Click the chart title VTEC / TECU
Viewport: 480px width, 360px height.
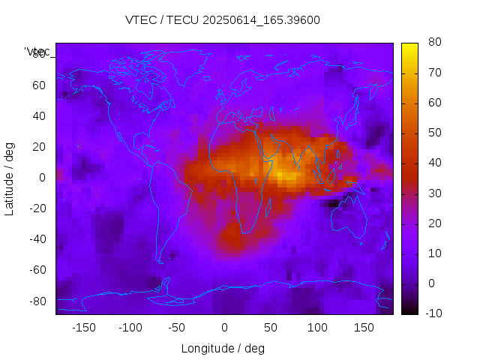tap(223, 20)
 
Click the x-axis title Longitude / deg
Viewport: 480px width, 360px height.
tap(223, 348)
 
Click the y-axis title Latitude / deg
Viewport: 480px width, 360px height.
tap(10, 178)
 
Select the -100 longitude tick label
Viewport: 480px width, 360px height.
tap(130, 327)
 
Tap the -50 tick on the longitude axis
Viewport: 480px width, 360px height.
tap(177, 327)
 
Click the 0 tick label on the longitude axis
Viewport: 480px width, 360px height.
tap(224, 327)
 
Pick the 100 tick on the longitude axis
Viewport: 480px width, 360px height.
tap(317, 327)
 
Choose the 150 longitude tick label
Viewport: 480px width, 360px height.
tap(364, 327)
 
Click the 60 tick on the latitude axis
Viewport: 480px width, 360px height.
tap(38, 85)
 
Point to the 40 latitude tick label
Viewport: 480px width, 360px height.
tap(38, 116)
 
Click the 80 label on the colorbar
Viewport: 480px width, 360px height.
tap(433, 43)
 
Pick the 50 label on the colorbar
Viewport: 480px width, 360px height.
tap(433, 133)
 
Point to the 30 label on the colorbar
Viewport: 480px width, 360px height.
tap(433, 193)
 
